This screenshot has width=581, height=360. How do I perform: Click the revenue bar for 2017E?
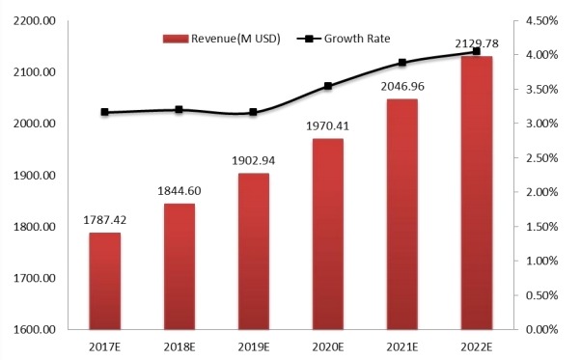(105, 281)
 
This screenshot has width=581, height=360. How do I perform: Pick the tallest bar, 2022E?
(476, 193)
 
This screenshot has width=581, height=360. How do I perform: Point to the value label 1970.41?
(327, 128)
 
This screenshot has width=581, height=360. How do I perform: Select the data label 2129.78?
(474, 43)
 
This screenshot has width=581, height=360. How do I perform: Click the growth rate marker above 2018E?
(180, 110)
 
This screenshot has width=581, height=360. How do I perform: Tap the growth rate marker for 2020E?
(328, 86)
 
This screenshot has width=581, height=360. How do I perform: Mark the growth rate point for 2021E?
(402, 63)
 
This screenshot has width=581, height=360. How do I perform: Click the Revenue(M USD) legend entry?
(224, 39)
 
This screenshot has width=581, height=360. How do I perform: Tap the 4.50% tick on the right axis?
(542, 21)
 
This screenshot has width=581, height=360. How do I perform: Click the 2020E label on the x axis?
(327, 345)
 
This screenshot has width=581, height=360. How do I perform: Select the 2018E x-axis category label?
(180, 345)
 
